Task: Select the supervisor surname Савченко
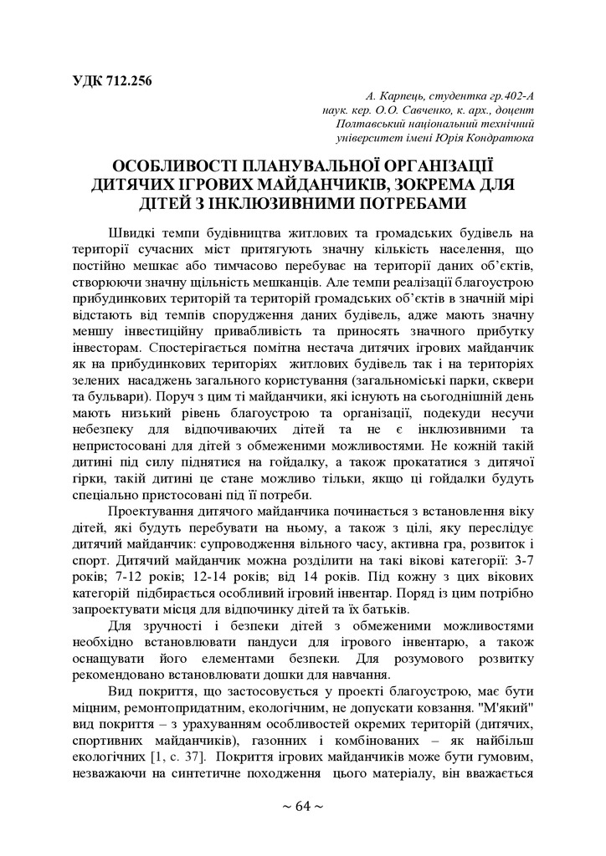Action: coord(410,110)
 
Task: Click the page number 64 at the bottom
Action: coord(303,806)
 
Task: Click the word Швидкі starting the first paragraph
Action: coord(131,232)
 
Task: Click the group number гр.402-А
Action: coord(504,95)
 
